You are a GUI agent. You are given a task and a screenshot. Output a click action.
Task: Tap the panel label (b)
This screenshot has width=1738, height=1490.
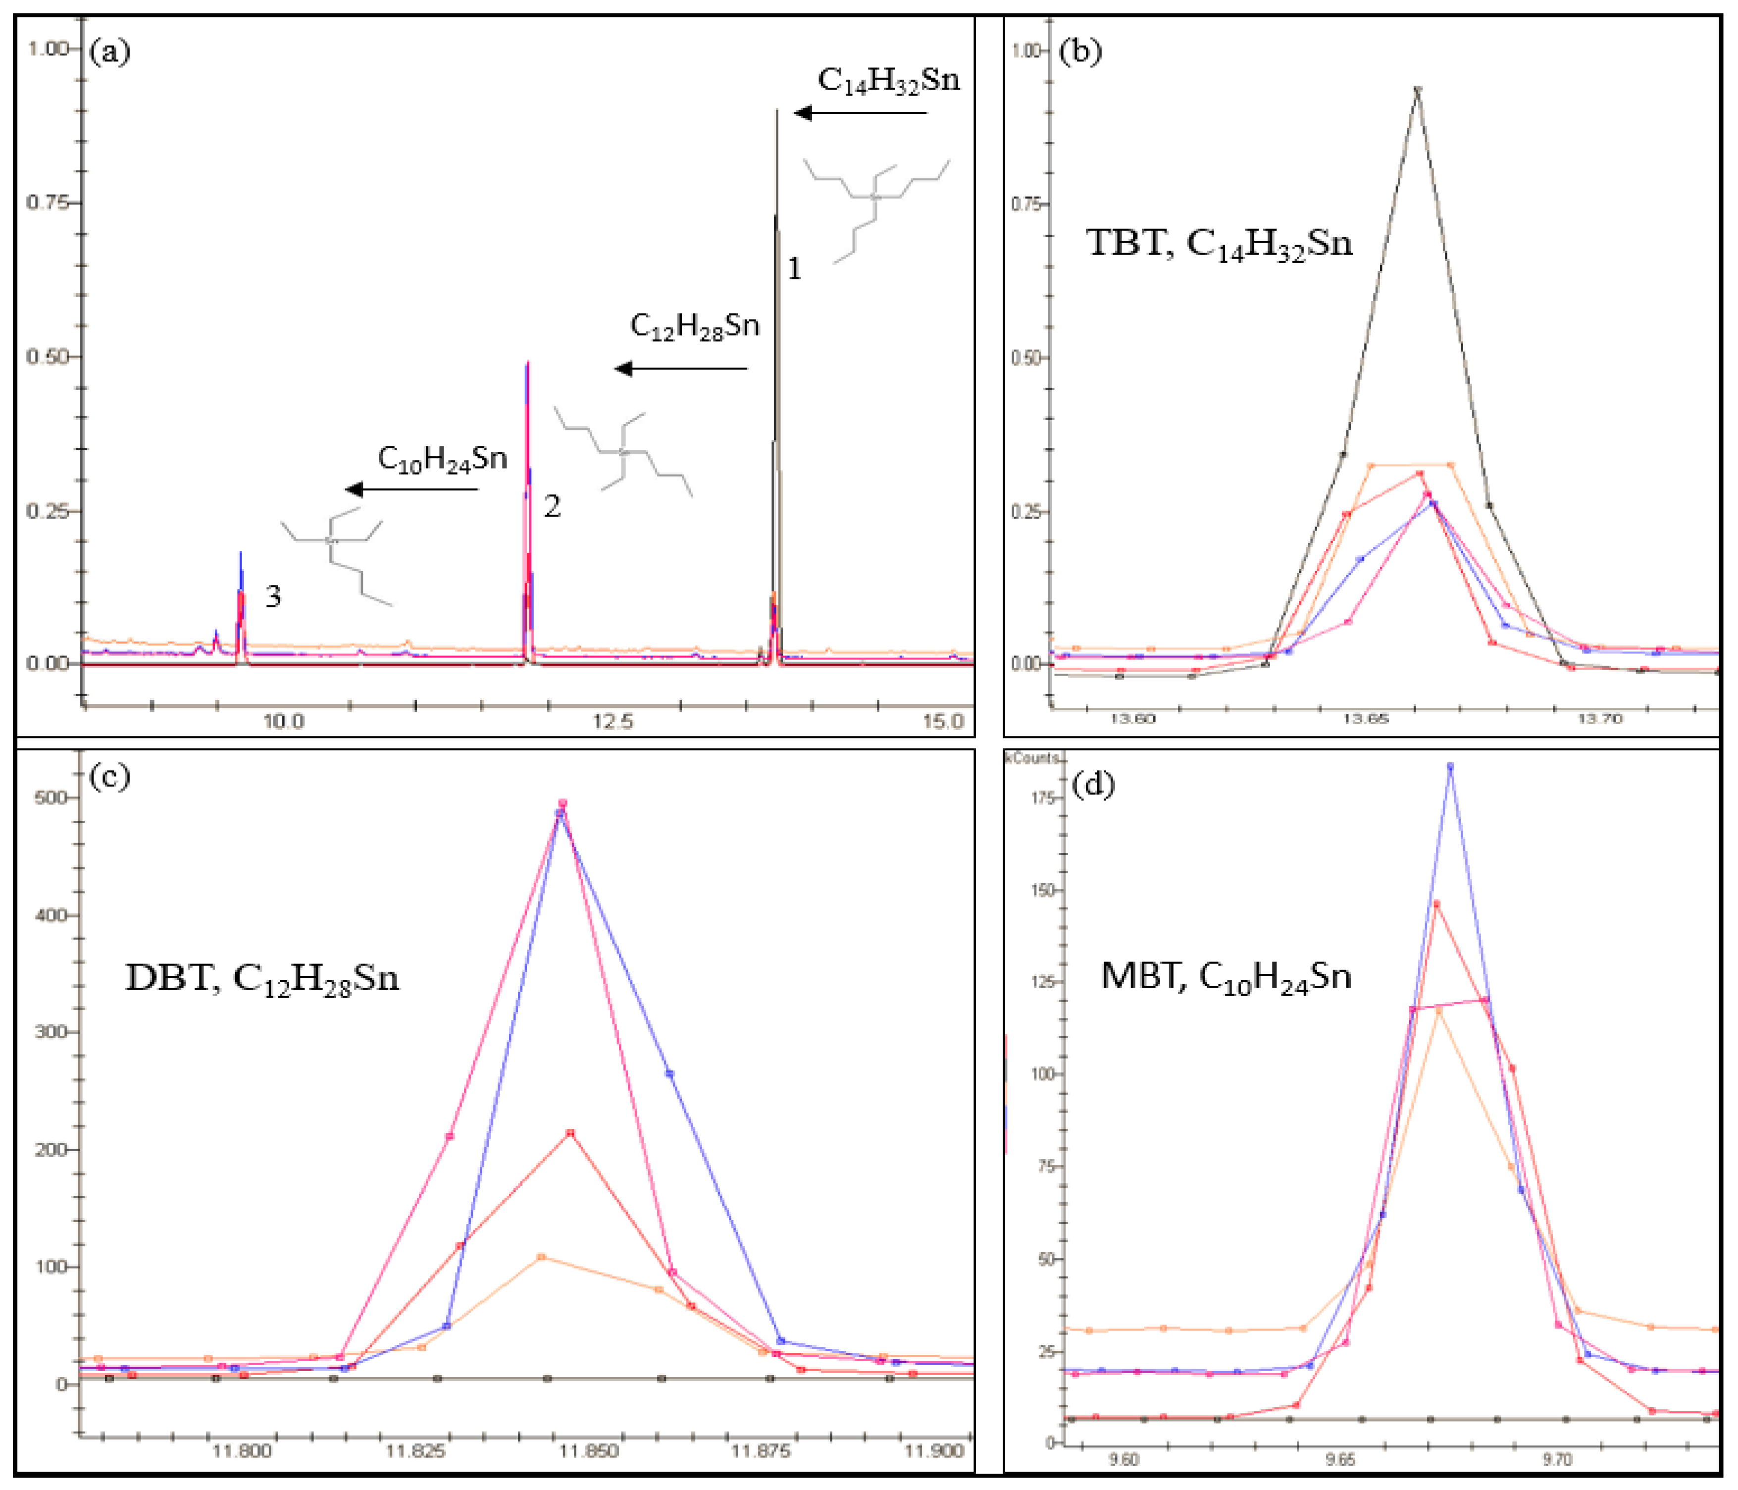click(1080, 52)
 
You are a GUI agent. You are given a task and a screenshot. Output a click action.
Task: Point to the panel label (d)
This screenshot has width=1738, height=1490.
click(1093, 785)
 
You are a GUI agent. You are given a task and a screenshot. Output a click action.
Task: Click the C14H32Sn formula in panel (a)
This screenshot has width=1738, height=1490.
click(888, 81)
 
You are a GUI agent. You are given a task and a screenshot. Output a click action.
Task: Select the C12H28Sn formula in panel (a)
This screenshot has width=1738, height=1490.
click(695, 326)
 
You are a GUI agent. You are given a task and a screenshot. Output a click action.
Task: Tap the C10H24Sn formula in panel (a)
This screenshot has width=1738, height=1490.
click(442, 459)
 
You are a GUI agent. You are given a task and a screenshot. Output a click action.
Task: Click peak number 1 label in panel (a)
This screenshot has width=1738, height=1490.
click(794, 268)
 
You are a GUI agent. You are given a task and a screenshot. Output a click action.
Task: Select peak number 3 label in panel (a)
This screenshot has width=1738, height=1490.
click(273, 596)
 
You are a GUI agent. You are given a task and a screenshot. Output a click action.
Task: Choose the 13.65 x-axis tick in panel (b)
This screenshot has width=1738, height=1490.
click(1367, 719)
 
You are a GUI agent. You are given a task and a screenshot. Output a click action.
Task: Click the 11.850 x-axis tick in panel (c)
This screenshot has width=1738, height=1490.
click(590, 1450)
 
